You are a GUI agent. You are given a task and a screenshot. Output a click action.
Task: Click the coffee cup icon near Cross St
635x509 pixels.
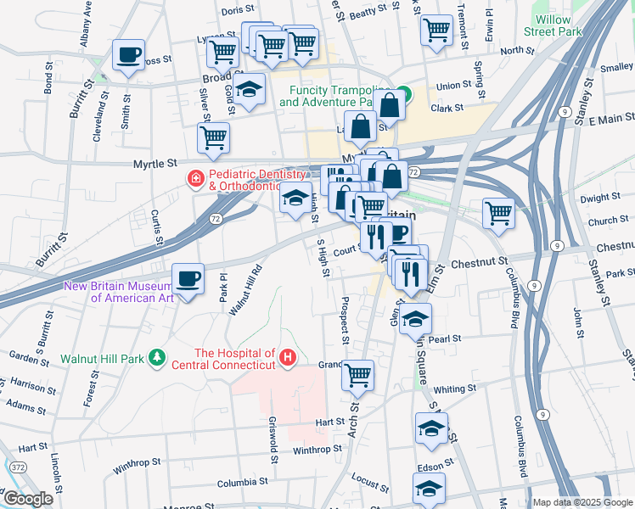tap(128, 56)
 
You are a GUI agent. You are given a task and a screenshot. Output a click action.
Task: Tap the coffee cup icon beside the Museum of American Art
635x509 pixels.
tap(188, 278)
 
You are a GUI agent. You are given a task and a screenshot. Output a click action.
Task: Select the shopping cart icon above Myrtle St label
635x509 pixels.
tap(213, 137)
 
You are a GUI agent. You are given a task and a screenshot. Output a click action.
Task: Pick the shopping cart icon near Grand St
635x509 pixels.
tap(358, 374)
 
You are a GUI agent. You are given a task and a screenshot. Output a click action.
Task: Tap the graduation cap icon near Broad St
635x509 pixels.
tap(248, 90)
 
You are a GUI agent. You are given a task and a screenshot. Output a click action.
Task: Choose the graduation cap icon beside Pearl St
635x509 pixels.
tap(415, 320)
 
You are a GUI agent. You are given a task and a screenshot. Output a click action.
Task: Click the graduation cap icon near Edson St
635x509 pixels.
tap(429, 488)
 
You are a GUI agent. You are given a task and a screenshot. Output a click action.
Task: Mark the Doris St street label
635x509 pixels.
tap(232, 11)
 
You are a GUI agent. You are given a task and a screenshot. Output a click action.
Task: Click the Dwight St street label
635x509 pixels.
tap(601, 198)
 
